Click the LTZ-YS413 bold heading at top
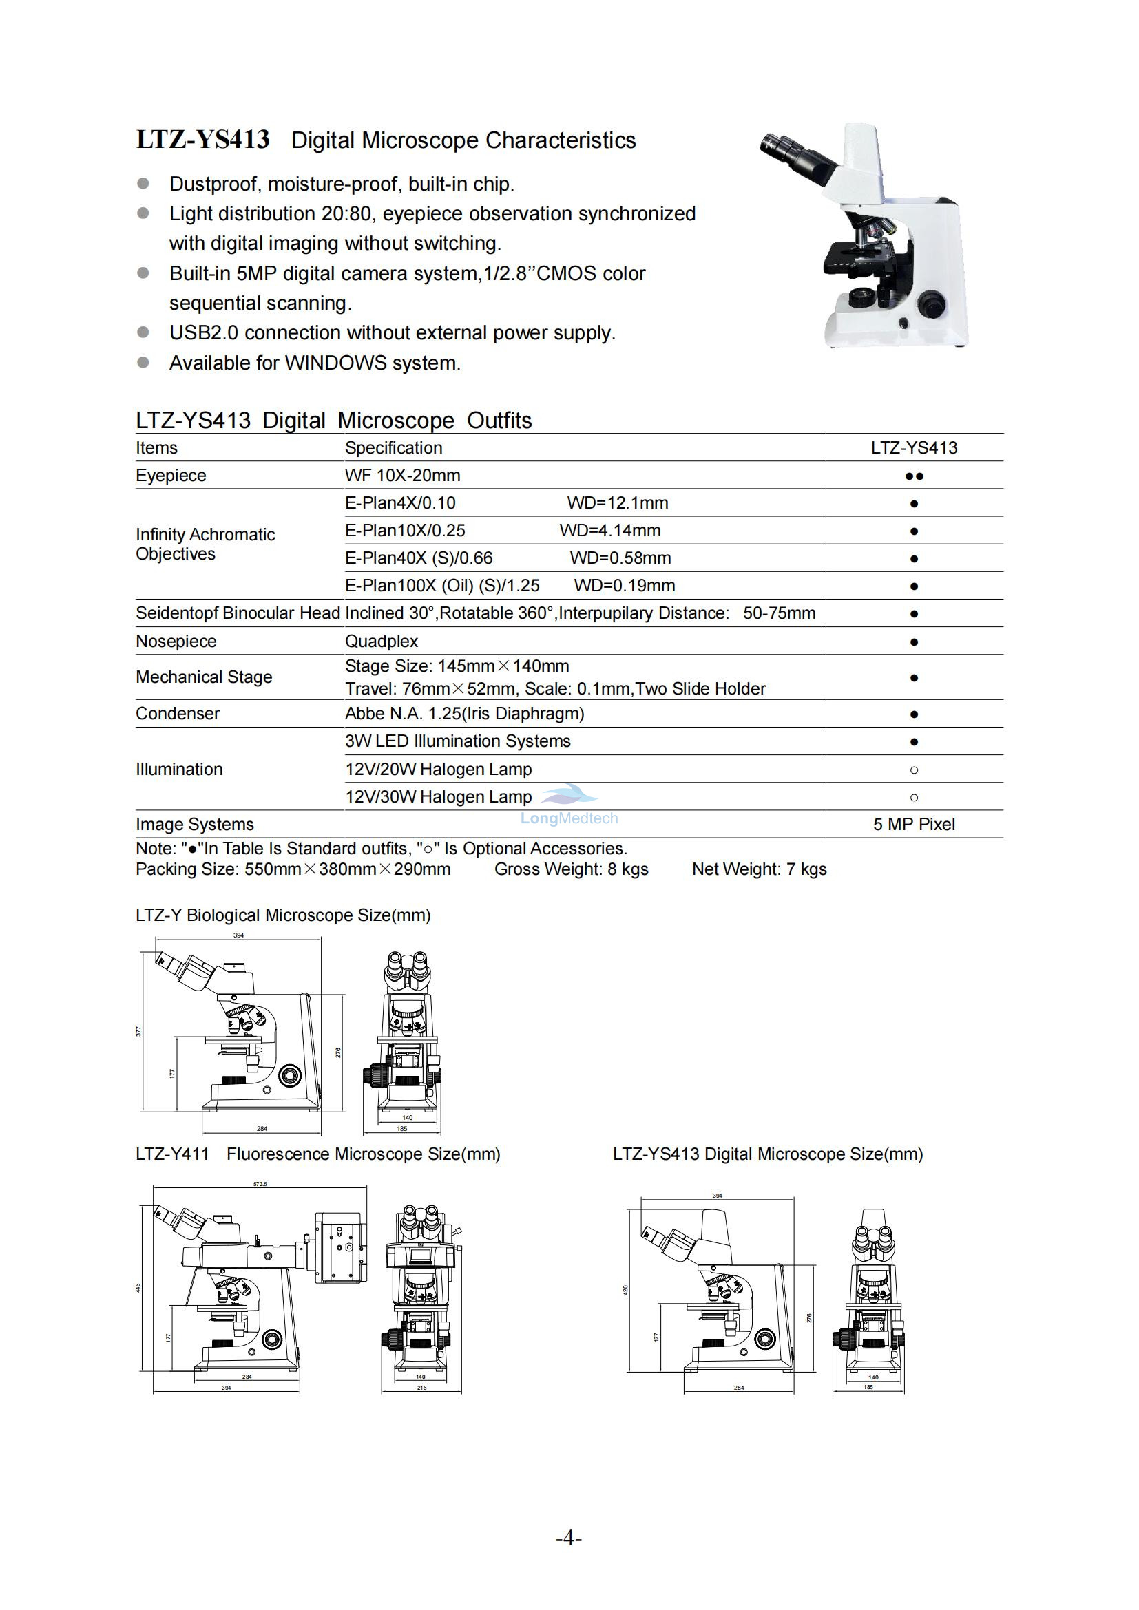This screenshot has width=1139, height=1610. (x=202, y=140)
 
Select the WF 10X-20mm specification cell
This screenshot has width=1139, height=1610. (x=403, y=476)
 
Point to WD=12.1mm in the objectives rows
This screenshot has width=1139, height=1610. (x=617, y=502)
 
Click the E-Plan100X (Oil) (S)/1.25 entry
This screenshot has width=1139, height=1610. (x=442, y=586)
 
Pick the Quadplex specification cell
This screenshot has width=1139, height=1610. (x=382, y=641)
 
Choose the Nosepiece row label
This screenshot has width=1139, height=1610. (x=176, y=641)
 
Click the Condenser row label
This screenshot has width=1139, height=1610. (x=178, y=713)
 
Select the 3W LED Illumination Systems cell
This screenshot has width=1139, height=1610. (x=457, y=741)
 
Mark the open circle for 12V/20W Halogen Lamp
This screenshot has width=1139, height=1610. (x=914, y=770)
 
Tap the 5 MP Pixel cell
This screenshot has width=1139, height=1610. (x=914, y=825)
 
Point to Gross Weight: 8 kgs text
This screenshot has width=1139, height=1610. (x=571, y=869)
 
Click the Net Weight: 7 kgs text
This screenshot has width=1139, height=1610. (x=759, y=869)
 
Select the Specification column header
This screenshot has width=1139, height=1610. (x=393, y=447)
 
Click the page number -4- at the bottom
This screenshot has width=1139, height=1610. (x=569, y=1538)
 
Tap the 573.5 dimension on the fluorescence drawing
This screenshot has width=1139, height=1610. (x=260, y=1185)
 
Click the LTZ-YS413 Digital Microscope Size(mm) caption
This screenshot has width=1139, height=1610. (x=767, y=1154)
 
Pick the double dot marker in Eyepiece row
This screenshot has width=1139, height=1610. (x=914, y=476)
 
